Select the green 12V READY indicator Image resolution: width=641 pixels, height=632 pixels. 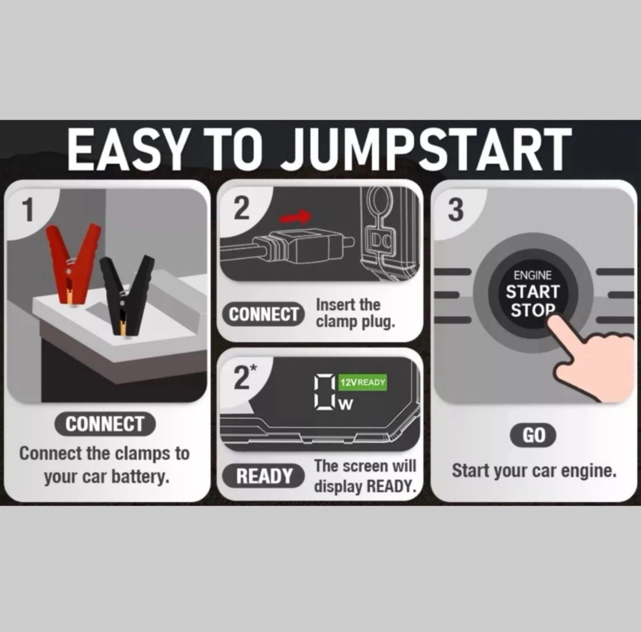coord(363,383)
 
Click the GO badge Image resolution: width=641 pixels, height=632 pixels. coord(533,435)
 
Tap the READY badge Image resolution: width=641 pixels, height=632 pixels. coord(264,476)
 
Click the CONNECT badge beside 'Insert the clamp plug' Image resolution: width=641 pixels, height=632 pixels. coord(264,314)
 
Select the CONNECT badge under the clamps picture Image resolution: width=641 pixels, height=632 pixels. coord(105,424)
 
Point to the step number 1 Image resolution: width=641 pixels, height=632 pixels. coord(28,209)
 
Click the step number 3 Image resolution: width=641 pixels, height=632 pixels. coord(456,210)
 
